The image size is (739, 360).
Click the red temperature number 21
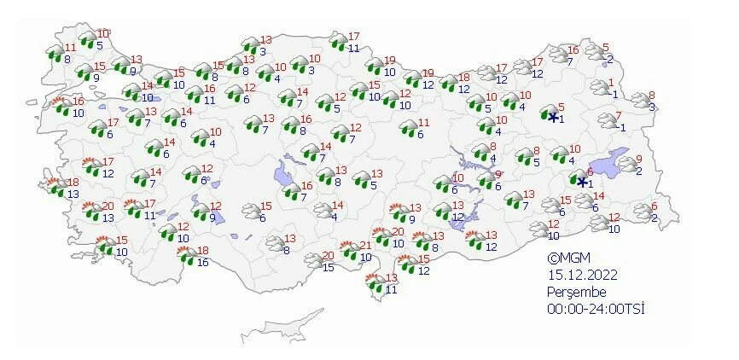click(364, 246)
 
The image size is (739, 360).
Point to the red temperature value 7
click(619, 116)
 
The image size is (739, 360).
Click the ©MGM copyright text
click(568, 258)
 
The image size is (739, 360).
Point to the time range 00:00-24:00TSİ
click(596, 308)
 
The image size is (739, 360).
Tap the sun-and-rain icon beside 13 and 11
click(375, 284)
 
